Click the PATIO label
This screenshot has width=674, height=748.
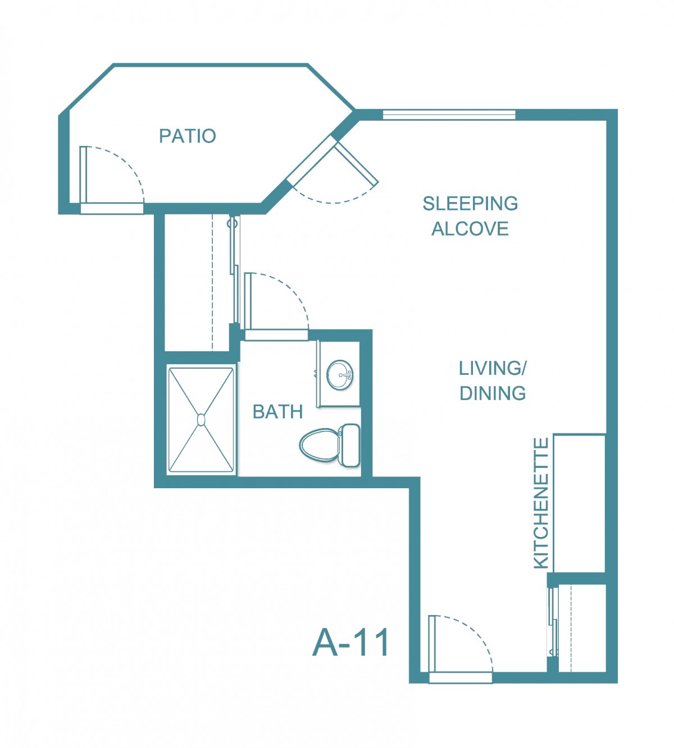(x=188, y=136)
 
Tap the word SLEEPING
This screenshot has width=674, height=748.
(x=470, y=204)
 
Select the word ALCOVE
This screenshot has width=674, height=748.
(x=470, y=228)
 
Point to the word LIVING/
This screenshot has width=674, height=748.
(x=493, y=369)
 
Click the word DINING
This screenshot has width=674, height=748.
(x=493, y=393)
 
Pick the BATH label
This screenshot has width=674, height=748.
(x=277, y=412)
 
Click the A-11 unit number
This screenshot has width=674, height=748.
(x=350, y=643)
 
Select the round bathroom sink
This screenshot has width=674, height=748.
(x=340, y=375)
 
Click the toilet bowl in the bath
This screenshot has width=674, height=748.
(x=319, y=446)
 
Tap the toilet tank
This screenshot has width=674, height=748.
(x=350, y=445)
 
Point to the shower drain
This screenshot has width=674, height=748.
(x=201, y=420)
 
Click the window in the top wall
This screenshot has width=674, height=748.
(x=449, y=114)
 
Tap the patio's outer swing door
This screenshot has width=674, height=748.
(x=112, y=180)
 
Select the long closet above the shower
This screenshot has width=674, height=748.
(x=197, y=283)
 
